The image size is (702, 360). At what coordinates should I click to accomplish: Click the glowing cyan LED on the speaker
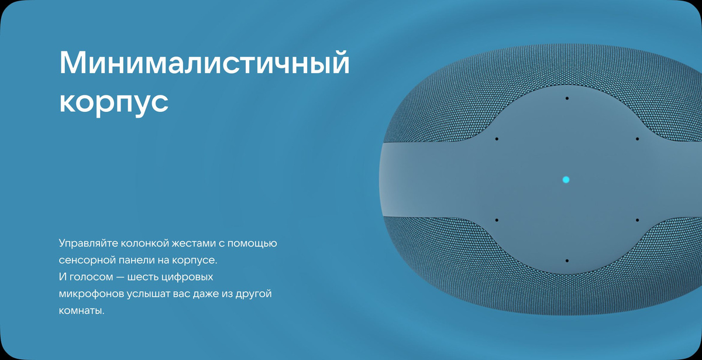[x=566, y=180]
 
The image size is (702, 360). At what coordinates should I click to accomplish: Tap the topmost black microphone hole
[x=567, y=98]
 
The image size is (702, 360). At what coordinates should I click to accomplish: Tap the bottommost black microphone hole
[x=567, y=260]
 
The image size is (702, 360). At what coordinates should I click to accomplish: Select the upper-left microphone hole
[x=497, y=139]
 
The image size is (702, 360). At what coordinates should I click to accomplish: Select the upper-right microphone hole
[x=637, y=139]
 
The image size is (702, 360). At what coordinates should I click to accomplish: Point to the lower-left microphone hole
[x=497, y=220]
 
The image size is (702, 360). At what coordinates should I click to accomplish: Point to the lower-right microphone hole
[x=637, y=220]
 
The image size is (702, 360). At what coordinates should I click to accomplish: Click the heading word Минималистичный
[x=204, y=63]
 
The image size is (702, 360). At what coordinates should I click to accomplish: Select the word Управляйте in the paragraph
[x=88, y=244]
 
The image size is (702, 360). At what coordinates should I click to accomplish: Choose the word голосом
[x=91, y=277]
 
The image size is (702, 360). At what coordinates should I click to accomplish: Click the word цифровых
[x=187, y=277]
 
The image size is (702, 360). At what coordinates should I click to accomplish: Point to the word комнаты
[x=81, y=311]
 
